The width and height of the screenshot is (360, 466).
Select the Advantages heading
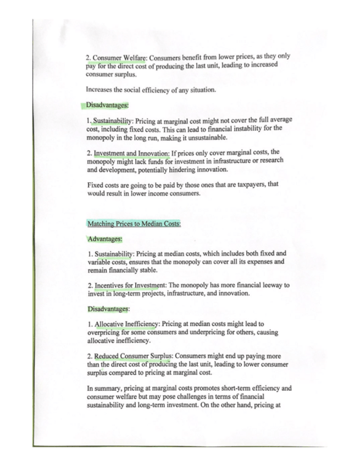click(104, 239)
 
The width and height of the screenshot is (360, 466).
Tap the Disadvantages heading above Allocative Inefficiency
click(108, 308)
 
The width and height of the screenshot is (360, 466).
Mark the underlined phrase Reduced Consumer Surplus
click(130, 356)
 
